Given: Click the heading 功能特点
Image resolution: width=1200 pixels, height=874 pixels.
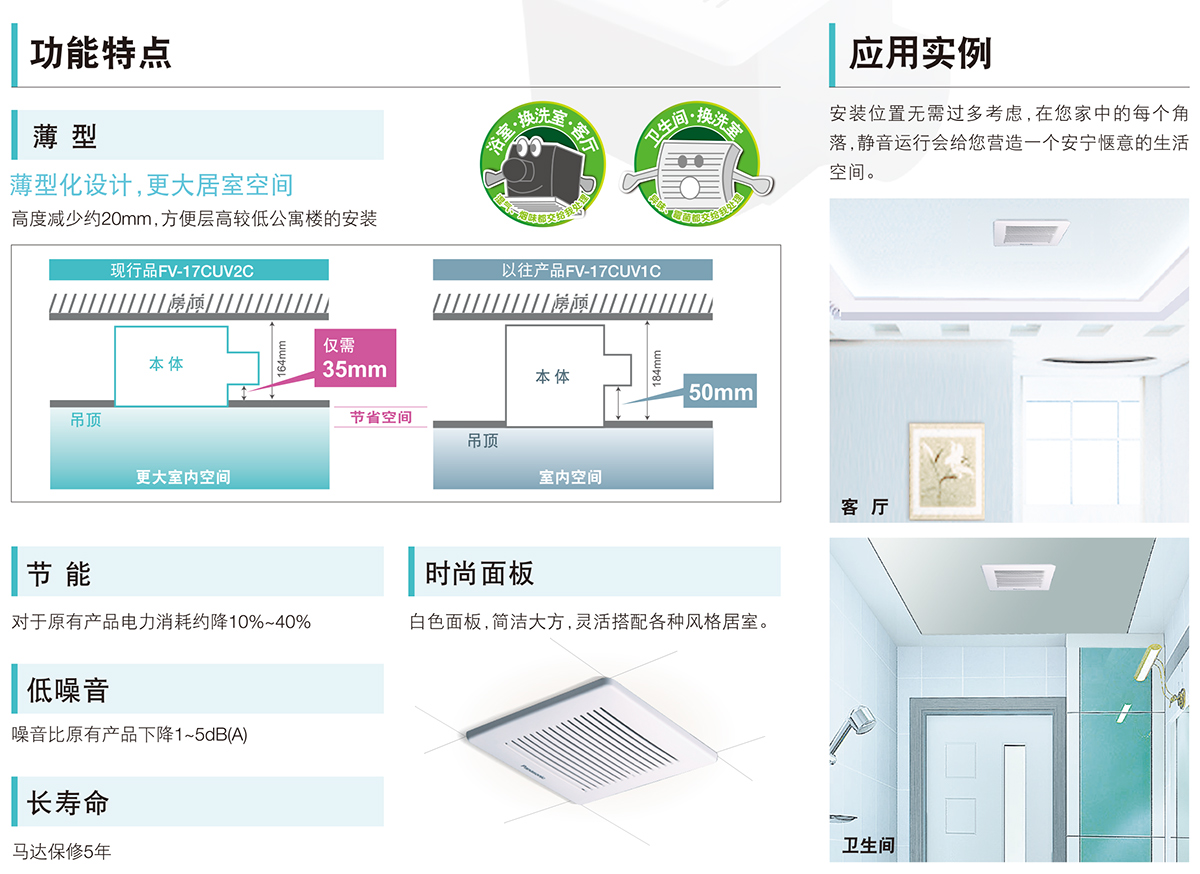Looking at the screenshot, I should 101,53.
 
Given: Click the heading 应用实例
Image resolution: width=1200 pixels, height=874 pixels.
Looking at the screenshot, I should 920,53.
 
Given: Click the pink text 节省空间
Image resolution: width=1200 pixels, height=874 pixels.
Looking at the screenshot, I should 380,417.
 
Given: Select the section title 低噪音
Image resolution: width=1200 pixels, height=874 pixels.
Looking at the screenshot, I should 68,690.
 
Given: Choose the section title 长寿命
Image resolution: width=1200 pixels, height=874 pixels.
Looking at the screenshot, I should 68,803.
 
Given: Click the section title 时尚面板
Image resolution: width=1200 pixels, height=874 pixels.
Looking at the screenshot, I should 479,574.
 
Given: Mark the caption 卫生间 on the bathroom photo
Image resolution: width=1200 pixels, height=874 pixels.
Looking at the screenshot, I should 868,846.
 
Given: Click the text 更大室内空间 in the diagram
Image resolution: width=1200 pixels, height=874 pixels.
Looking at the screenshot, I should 183,477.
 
